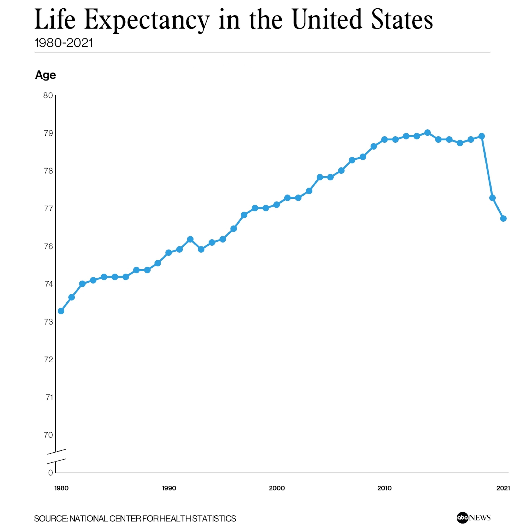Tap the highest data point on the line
click(x=427, y=133)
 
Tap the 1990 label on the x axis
click(x=169, y=488)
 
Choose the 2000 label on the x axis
click(x=277, y=488)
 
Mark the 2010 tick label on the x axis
click(x=384, y=488)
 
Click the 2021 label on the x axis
click(x=503, y=488)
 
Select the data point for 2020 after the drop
click(x=492, y=198)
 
